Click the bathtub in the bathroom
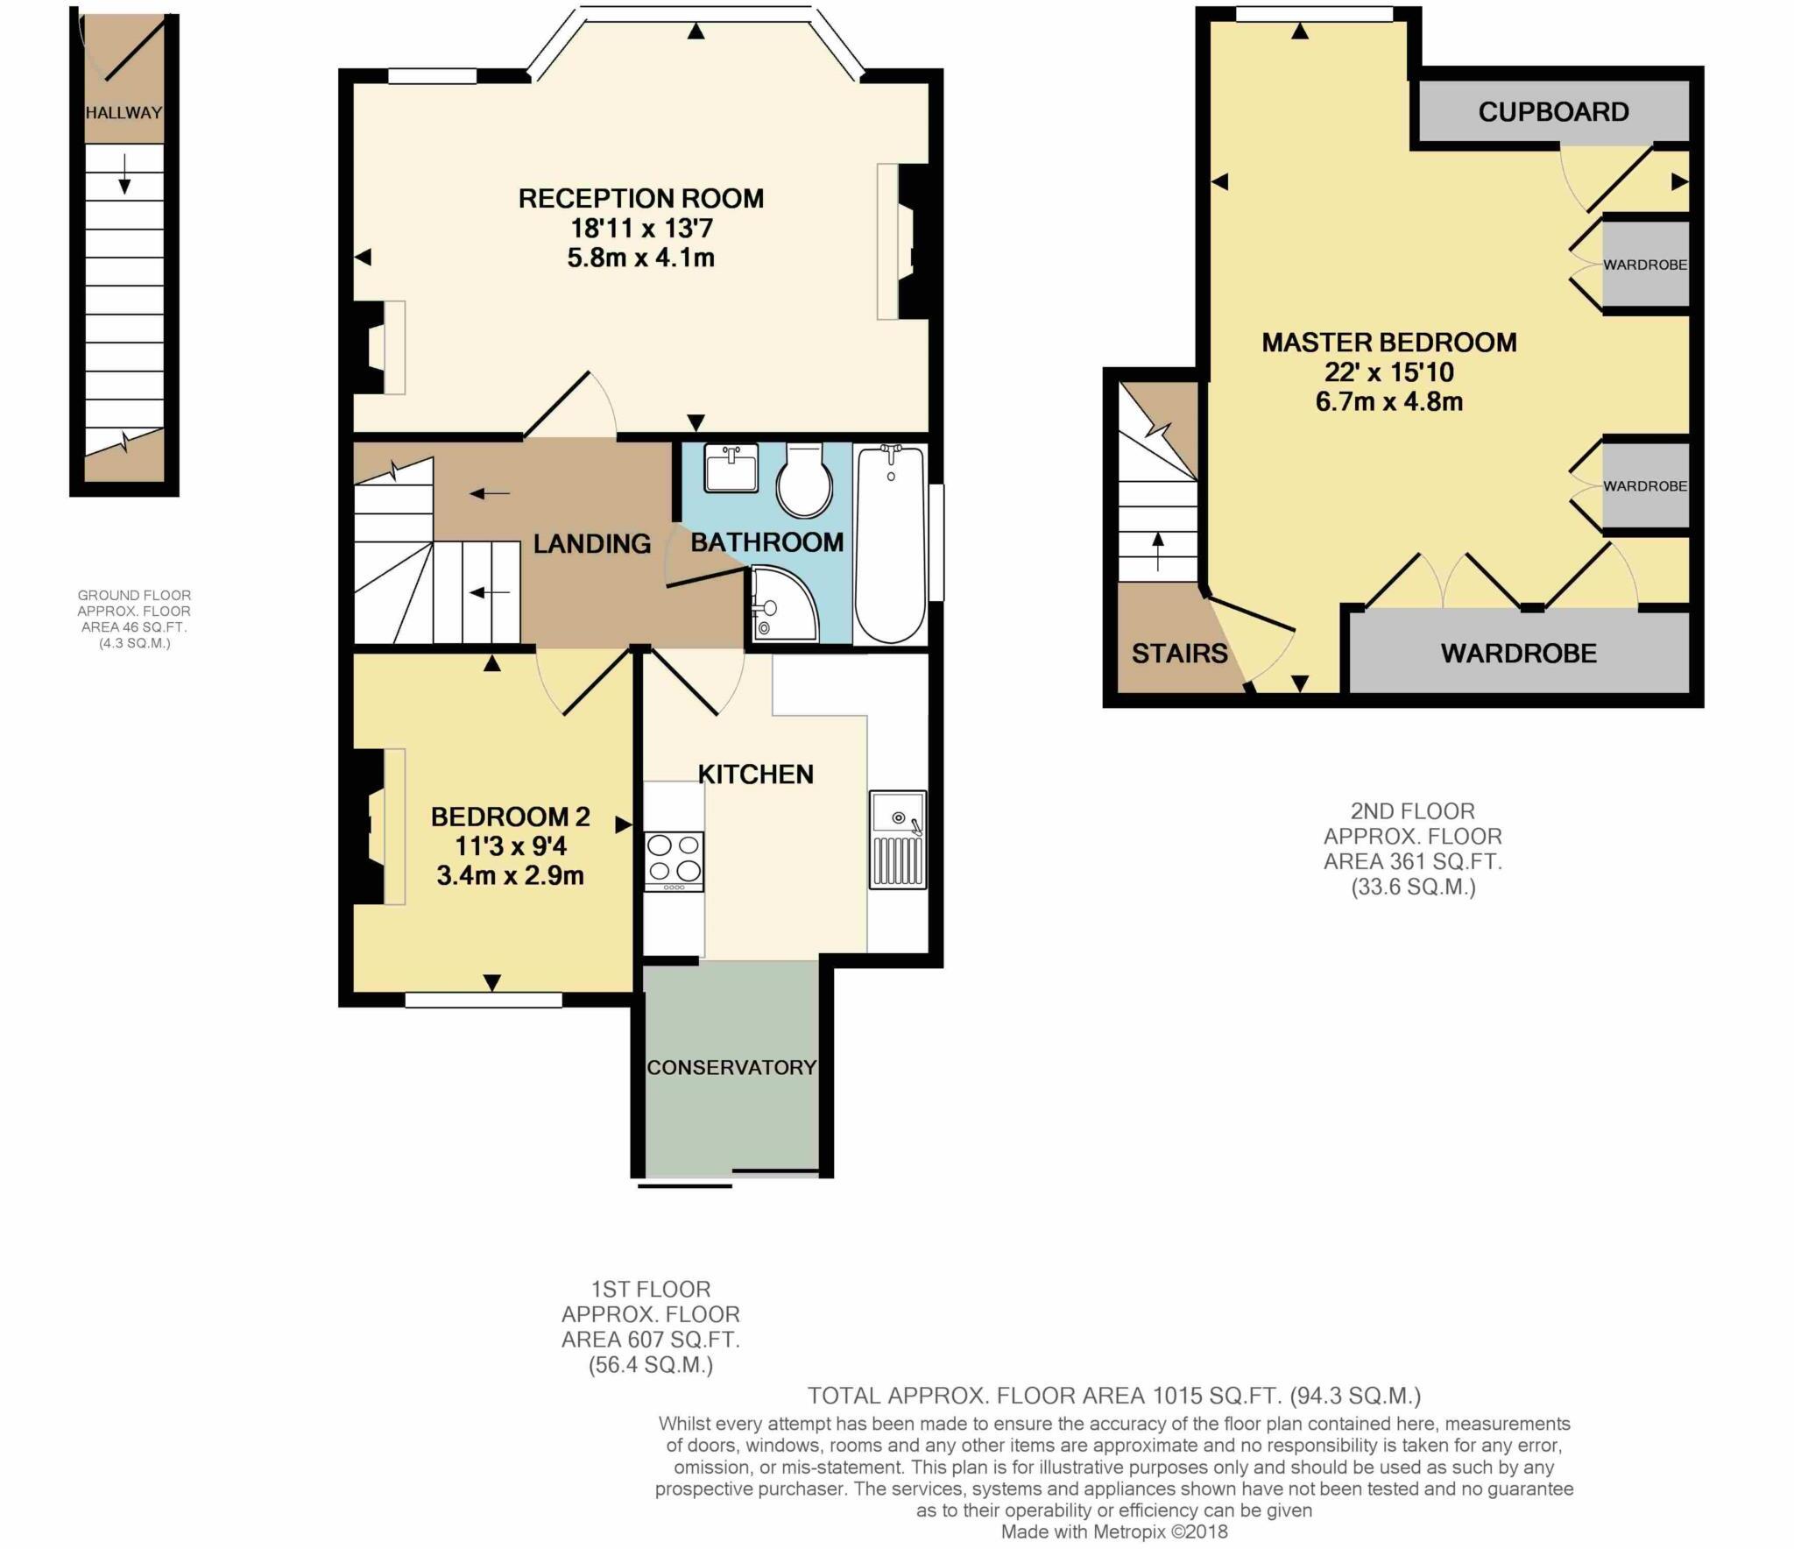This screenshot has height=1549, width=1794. pyautogui.click(x=890, y=543)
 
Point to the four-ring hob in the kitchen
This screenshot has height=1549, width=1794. pyautogui.click(x=673, y=859)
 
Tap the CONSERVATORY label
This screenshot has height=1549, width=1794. pyautogui.click(x=731, y=1067)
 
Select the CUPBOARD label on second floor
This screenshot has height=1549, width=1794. pyautogui.click(x=1553, y=112)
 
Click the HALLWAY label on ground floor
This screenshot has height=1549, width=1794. pyautogui.click(x=124, y=112)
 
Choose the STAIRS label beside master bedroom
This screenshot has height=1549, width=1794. pyautogui.click(x=1179, y=653)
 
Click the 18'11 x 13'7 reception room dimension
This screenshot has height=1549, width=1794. pyautogui.click(x=641, y=229)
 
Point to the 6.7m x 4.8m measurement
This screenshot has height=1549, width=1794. pyautogui.click(x=1388, y=401)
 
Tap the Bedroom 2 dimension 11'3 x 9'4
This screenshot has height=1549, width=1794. pyautogui.click(x=510, y=846)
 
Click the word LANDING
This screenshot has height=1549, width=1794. pyautogui.click(x=591, y=544)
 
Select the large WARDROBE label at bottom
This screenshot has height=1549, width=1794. pyautogui.click(x=1518, y=653)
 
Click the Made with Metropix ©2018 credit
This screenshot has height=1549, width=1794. pyautogui.click(x=1114, y=1531)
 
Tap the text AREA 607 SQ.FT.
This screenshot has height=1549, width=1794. pyautogui.click(x=650, y=1340)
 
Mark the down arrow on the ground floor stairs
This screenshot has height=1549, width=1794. pyautogui.click(x=124, y=173)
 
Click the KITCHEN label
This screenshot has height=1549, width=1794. pyautogui.click(x=755, y=774)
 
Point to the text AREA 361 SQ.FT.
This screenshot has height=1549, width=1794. pyautogui.click(x=1412, y=861)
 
